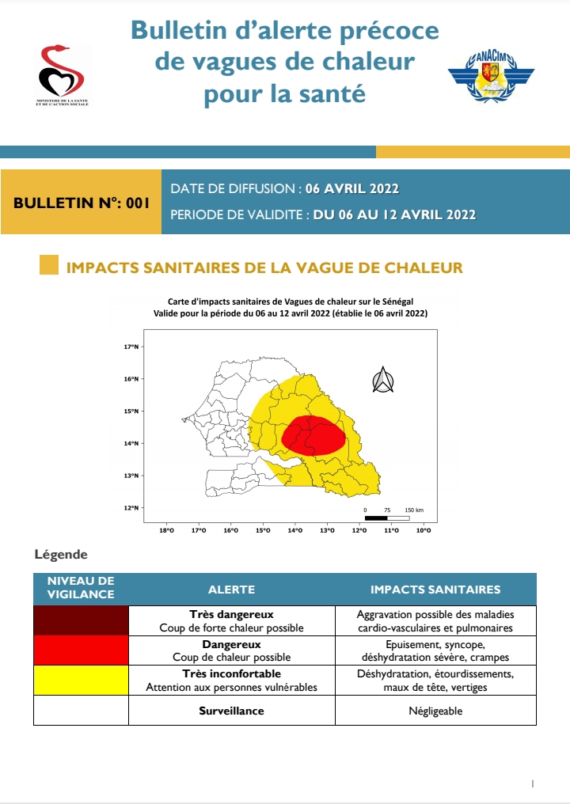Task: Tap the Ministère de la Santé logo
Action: tap(62, 75)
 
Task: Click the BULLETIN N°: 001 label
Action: tap(82, 203)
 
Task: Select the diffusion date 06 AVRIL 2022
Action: tap(352, 188)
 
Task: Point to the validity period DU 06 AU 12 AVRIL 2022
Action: tap(394, 214)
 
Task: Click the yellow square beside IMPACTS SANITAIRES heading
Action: tap(49, 267)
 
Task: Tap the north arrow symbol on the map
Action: tap(383, 381)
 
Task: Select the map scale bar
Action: tap(392, 518)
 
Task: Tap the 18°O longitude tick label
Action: tap(166, 531)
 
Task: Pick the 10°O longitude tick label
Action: tap(424, 531)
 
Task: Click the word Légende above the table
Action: tap(61, 555)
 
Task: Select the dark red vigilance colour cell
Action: tap(81, 620)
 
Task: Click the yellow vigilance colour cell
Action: tap(81, 681)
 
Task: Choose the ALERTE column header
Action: tap(231, 590)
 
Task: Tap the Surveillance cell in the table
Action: tap(231, 711)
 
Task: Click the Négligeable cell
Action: tap(435, 711)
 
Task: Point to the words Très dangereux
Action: tap(231, 614)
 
